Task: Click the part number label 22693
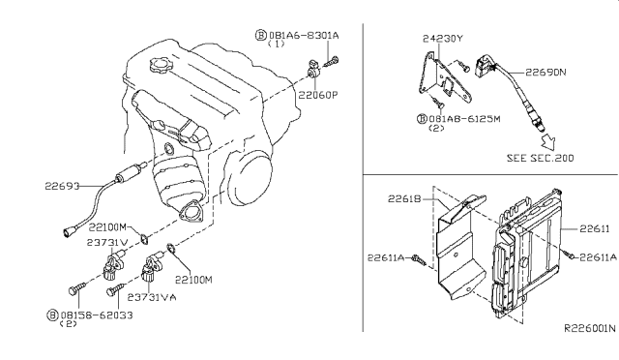62,186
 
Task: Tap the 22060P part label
318,95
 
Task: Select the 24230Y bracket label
443,39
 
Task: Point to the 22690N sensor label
545,73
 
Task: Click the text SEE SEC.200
540,158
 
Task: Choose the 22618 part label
404,198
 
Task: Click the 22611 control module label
595,228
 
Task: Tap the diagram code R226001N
589,328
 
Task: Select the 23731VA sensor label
152,297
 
